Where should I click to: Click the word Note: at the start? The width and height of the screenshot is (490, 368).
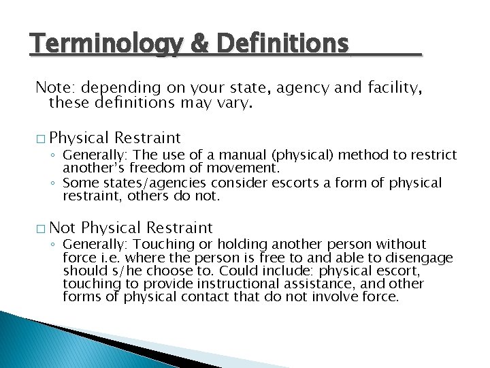[56, 88]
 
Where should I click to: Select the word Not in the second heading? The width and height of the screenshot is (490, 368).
[63, 228]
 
